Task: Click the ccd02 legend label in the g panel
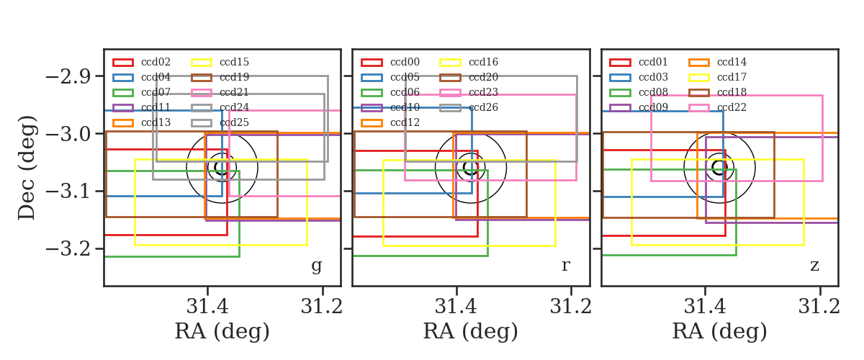pyautogui.click(x=156, y=62)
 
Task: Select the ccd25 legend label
pyautogui.click(x=234, y=122)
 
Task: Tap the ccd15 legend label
pyautogui.click(x=234, y=62)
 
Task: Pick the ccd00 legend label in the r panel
pyautogui.click(x=405, y=62)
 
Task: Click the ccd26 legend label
pyautogui.click(x=483, y=107)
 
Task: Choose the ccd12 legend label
pyautogui.click(x=405, y=122)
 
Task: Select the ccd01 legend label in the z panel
pyautogui.click(x=654, y=62)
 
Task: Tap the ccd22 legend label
pyautogui.click(x=732, y=107)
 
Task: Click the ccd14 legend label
pyautogui.click(x=732, y=62)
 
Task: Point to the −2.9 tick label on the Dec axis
pyautogui.click(x=68, y=77)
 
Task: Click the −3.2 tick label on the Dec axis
pyautogui.click(x=68, y=249)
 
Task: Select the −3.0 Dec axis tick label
pyautogui.click(x=68, y=135)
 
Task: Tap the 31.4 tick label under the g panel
pyautogui.click(x=207, y=307)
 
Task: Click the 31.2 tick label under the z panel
pyautogui.click(x=819, y=307)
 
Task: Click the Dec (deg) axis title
pyautogui.click(x=27, y=168)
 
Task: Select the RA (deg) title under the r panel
pyautogui.click(x=471, y=331)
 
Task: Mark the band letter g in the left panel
pyautogui.click(x=317, y=266)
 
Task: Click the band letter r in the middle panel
pyautogui.click(x=566, y=266)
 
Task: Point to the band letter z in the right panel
pyautogui.click(x=814, y=266)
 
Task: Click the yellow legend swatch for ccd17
pyautogui.click(x=699, y=78)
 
